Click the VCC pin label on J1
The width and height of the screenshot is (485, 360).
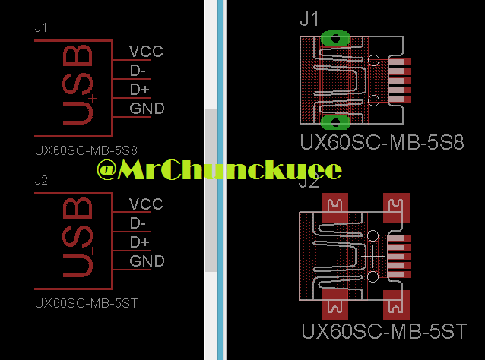(146, 52)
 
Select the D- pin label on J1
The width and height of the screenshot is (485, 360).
(138, 71)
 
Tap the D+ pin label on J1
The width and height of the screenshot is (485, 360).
(139, 90)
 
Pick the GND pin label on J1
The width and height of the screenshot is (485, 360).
(147, 109)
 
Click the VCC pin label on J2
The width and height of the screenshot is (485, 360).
(146, 204)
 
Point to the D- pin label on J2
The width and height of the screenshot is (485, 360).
(138, 223)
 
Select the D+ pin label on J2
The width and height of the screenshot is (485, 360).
(139, 242)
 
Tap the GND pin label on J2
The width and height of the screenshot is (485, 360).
(147, 261)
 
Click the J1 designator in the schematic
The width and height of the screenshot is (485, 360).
(41, 27)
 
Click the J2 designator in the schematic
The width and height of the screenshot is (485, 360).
(41, 180)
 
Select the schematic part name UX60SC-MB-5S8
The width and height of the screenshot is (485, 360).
(90, 150)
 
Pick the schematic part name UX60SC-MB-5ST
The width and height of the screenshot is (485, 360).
(90, 302)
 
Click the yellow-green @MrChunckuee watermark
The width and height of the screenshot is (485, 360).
(219, 169)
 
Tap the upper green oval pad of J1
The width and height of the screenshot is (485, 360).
(335, 37)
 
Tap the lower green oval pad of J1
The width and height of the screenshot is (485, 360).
(335, 122)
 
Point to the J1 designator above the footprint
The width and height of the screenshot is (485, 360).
(309, 20)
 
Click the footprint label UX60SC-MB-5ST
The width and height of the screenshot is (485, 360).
(384, 332)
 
